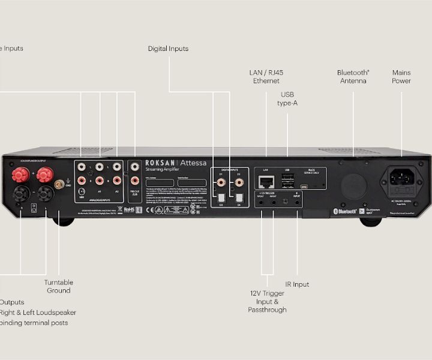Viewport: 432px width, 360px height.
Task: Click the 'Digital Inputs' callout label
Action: point(168,49)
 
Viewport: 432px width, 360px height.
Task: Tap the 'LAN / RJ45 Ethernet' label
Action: point(266,77)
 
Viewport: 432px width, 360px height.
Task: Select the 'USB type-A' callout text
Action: point(287,98)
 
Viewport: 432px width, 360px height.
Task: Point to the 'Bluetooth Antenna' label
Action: point(353,77)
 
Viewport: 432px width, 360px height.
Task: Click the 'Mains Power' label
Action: point(401,77)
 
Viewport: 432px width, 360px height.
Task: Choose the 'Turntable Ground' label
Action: point(59,286)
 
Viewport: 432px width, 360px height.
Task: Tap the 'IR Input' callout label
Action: point(297,284)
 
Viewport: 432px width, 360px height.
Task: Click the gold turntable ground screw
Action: point(59,184)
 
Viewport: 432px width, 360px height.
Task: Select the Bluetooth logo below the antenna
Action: point(345,211)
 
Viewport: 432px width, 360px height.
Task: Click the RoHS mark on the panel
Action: point(129,209)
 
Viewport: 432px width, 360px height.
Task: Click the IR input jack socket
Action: point(298,203)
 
